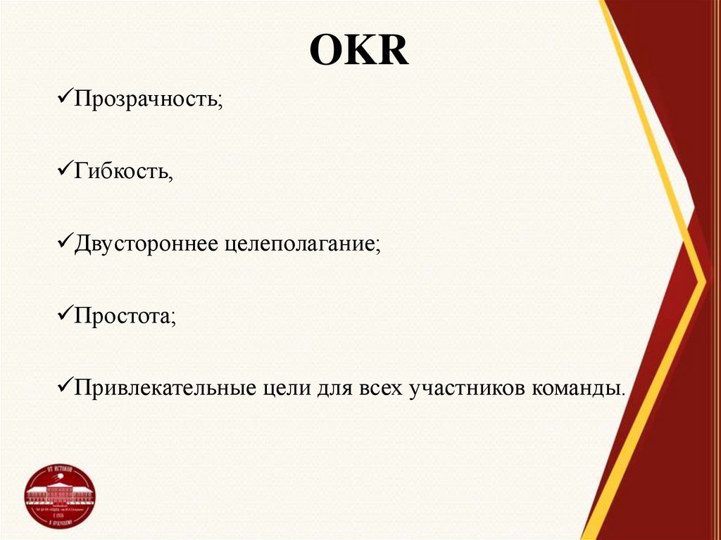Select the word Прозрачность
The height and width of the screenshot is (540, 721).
148,99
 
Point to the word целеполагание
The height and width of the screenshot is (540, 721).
303,244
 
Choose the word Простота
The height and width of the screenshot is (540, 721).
124,316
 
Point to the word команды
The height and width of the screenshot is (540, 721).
575,388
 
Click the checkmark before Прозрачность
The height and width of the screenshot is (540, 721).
63,98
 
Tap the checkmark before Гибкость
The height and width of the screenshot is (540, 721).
63,170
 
